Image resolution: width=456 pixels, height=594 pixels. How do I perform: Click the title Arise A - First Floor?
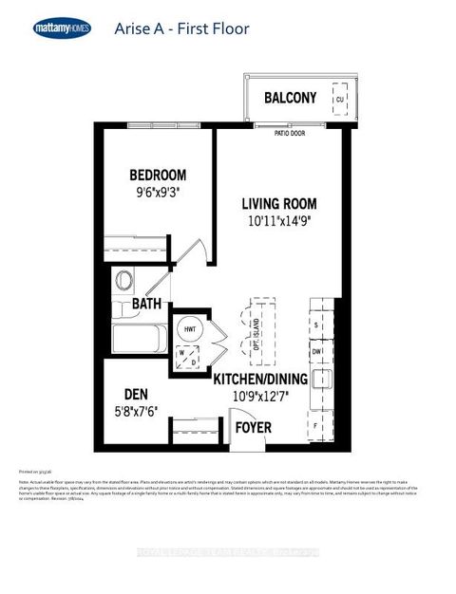(x=181, y=28)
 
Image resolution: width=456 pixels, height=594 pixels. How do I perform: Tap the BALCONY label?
(x=291, y=98)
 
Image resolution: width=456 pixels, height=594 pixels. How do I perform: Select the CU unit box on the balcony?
(x=339, y=99)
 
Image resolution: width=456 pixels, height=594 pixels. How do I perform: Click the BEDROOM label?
(x=158, y=176)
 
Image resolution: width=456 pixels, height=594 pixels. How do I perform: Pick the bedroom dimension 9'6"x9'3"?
(x=158, y=192)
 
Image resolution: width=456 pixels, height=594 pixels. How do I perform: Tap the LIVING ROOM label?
(x=278, y=204)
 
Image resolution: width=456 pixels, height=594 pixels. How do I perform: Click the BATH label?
(x=146, y=304)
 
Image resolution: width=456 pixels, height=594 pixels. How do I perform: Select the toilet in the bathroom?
(x=124, y=280)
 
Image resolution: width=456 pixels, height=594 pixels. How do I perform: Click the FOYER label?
(x=254, y=428)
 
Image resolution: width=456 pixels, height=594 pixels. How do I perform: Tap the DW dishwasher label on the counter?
(x=317, y=350)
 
